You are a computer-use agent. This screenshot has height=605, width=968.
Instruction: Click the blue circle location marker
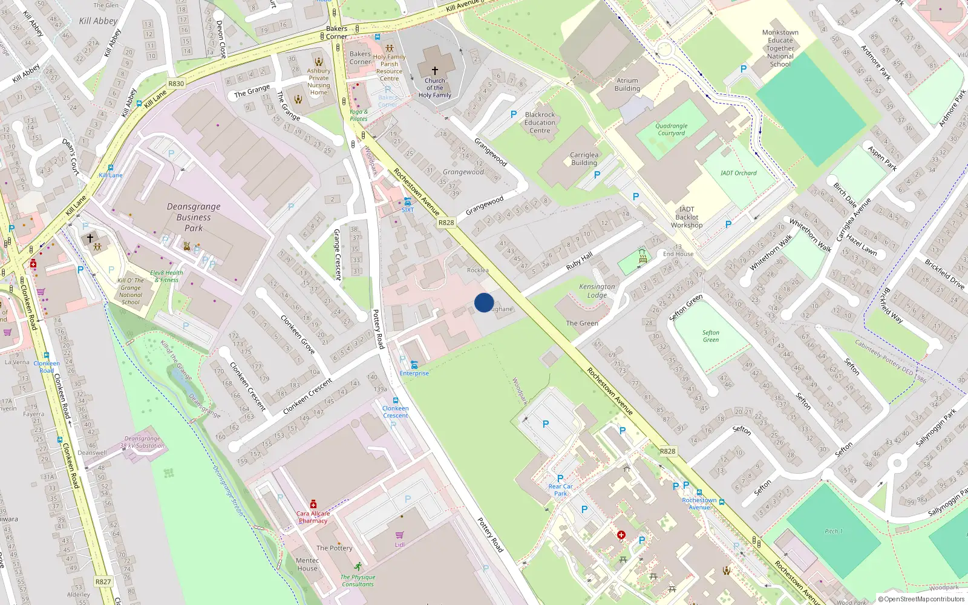tap(484, 302)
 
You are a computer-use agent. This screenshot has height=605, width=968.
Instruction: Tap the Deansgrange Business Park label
tap(194, 217)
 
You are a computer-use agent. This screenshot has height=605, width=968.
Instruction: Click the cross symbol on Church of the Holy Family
tap(434, 71)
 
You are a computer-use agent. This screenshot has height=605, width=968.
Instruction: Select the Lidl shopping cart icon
tap(399, 535)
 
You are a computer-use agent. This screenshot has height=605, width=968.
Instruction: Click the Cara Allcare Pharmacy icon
tap(313, 504)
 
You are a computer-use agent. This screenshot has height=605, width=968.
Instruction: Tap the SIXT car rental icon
tap(408, 201)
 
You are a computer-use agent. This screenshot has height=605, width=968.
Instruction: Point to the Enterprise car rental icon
tap(414, 364)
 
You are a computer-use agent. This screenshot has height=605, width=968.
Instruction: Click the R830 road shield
tap(176, 83)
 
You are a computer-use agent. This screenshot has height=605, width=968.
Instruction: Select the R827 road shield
tap(103, 582)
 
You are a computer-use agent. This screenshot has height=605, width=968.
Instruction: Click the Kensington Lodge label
tap(597, 291)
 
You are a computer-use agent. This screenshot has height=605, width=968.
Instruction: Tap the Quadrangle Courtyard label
tap(672, 129)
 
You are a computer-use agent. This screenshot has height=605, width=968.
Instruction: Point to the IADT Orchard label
tap(738, 173)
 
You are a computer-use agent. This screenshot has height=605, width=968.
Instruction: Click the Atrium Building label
tap(627, 85)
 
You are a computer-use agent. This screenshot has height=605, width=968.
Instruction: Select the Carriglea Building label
tap(584, 159)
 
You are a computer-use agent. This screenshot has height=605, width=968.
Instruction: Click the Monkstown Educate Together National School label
tap(780, 48)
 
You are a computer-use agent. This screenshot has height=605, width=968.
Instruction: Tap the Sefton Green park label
tap(711, 336)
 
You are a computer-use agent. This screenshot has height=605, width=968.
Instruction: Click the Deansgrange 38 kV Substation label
tap(142, 442)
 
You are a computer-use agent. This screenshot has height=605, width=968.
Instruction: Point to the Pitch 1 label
tap(833, 531)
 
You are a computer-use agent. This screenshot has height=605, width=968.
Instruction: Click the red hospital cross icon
tap(621, 535)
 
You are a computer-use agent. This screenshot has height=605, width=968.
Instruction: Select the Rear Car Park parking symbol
tap(560, 479)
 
